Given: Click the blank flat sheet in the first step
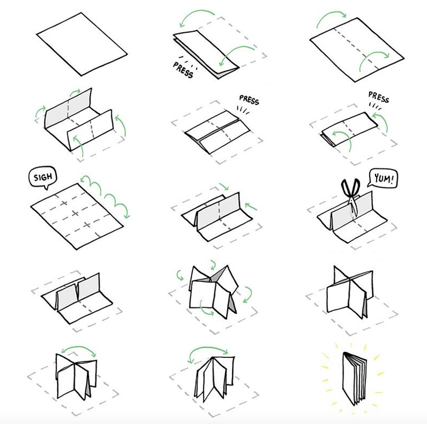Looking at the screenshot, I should [84, 47].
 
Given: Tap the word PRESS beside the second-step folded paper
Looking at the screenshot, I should [184, 69].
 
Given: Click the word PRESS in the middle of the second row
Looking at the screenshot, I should [249, 99].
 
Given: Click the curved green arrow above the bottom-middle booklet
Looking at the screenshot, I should [209, 350].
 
